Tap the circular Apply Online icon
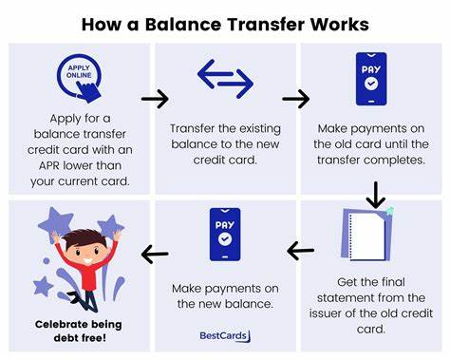tap(79, 78)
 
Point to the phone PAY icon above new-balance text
tap(224, 235)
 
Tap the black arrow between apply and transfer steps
tap(154, 99)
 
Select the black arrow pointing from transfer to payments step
tap(296, 99)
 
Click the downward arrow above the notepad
tap(375, 195)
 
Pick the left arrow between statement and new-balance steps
tap(301, 251)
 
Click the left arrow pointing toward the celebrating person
tap(154, 254)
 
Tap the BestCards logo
tap(224, 334)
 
